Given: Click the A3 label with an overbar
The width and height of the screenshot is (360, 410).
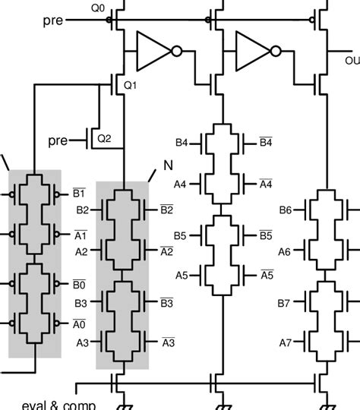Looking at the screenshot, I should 169,342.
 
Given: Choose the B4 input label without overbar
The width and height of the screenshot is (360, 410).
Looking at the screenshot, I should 181,142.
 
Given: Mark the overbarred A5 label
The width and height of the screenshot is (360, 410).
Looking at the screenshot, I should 265,275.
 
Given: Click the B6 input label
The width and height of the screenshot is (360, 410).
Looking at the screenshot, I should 286,210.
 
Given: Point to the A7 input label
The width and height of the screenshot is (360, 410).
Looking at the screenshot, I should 286,342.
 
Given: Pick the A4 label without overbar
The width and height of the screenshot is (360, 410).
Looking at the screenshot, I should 181,184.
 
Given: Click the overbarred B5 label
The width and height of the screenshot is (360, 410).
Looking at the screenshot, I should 265,235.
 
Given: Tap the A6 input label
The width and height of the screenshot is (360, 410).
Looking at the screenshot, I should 286,251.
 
